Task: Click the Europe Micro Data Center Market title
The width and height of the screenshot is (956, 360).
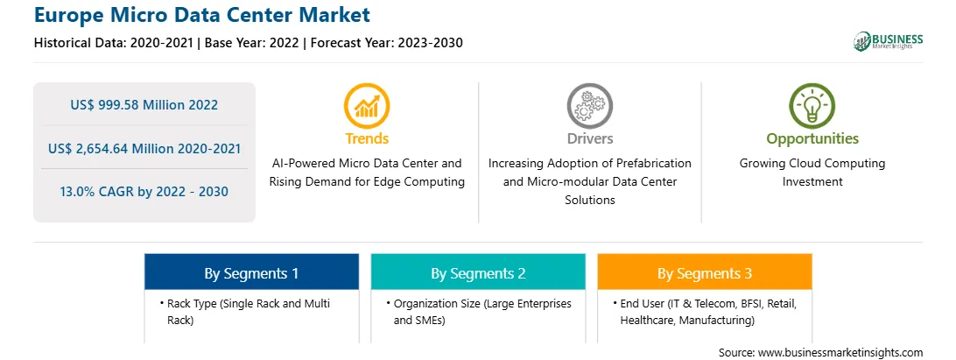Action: [202, 15]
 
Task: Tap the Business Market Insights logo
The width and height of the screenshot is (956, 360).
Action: [889, 41]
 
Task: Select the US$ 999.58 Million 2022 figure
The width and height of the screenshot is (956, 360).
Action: [144, 105]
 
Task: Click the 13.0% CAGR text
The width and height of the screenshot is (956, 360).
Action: [144, 192]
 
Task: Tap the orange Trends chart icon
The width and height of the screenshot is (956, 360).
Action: [367, 106]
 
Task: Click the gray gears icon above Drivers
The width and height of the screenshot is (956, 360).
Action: [589, 106]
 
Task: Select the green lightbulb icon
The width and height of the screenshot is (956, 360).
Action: [812, 106]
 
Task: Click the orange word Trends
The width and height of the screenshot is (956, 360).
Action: [367, 138]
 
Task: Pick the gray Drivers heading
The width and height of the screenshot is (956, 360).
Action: [589, 138]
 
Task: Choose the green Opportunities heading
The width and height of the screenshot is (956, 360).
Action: [812, 139]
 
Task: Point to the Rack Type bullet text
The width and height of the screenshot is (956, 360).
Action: [248, 311]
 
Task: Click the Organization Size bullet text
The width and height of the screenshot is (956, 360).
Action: [479, 311]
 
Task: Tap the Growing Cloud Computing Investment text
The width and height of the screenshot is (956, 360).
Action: [812, 172]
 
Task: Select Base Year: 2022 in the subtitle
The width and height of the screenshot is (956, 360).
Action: [251, 43]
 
